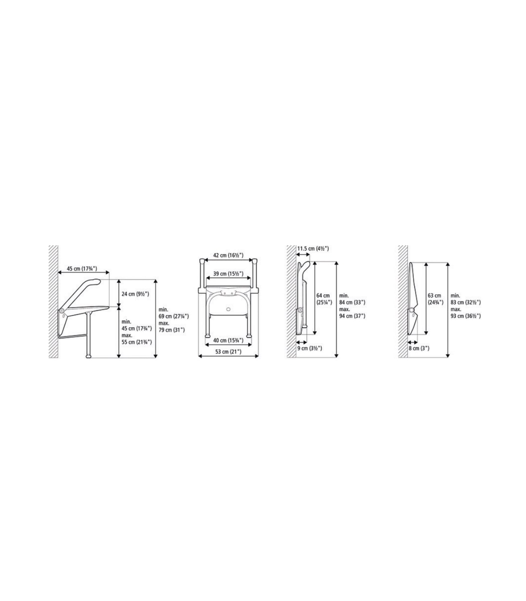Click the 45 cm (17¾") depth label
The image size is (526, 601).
click(x=82, y=269)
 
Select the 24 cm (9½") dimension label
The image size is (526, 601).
click(x=135, y=294)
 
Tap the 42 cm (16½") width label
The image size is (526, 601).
click(x=228, y=255)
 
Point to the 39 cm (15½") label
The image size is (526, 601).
click(x=228, y=274)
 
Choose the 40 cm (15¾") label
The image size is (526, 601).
click(x=228, y=340)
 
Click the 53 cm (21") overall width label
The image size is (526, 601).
click(x=228, y=352)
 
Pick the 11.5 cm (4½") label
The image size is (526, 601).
click(x=313, y=249)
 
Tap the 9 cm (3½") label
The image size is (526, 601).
click(x=309, y=348)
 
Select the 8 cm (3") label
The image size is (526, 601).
click(x=419, y=348)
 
